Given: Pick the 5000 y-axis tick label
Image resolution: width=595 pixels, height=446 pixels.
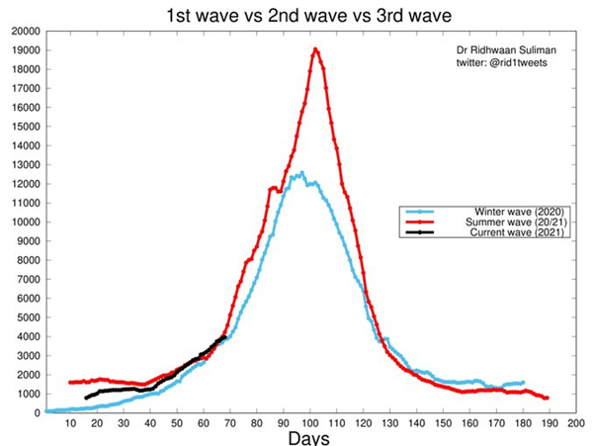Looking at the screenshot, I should (x=24, y=317).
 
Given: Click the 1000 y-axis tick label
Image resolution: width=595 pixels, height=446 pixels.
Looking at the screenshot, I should (x=24, y=394).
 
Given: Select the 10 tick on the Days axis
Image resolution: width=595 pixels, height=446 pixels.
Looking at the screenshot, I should (x=71, y=422).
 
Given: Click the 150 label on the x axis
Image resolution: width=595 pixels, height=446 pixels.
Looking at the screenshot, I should (x=443, y=422).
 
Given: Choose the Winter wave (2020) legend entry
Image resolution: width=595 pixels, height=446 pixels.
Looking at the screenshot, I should (x=487, y=213).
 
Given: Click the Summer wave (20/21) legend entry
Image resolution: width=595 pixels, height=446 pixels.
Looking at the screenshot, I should (x=487, y=223).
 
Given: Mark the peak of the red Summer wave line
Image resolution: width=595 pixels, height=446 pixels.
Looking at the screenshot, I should (x=315, y=49).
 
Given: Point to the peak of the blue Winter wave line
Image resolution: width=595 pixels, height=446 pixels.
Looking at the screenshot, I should (x=300, y=173).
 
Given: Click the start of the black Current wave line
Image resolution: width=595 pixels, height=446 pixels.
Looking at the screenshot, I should (x=87, y=398).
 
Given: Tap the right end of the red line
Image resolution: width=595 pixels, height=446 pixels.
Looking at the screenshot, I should (x=547, y=398).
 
